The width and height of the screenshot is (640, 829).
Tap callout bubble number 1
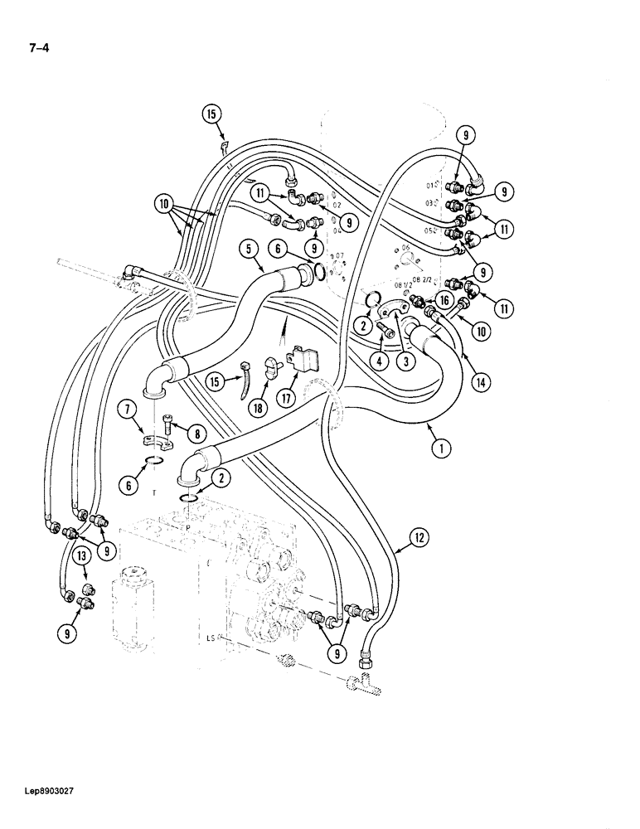click(x=439, y=448)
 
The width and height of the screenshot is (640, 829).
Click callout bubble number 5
click(x=249, y=248)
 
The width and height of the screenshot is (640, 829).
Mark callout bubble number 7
click(x=127, y=409)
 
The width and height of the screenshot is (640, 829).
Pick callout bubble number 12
click(x=419, y=538)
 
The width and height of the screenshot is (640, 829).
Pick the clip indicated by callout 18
click(x=270, y=368)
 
